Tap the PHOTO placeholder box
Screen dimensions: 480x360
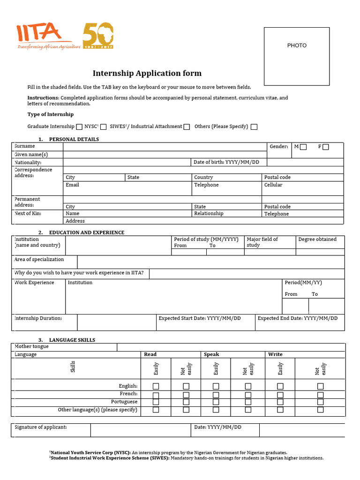(297, 56)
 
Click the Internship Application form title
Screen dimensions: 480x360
(147, 73)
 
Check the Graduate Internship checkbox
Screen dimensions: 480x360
(79, 127)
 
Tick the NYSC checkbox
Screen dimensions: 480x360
(104, 127)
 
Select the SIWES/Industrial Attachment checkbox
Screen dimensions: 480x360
(187, 127)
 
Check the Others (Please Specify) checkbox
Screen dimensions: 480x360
(254, 127)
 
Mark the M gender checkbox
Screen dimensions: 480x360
(303, 147)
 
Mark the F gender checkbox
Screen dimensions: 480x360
(326, 147)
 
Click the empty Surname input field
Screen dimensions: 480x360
(164, 147)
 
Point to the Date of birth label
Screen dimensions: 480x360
(226, 162)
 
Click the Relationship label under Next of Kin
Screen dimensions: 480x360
(209, 213)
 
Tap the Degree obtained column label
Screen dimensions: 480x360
(317, 239)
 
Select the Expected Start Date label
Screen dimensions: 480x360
(200, 318)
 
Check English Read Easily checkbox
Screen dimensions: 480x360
(156, 386)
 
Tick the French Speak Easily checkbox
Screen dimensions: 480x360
(216, 394)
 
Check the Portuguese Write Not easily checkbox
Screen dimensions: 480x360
(321, 402)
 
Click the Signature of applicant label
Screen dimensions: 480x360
(41, 427)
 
